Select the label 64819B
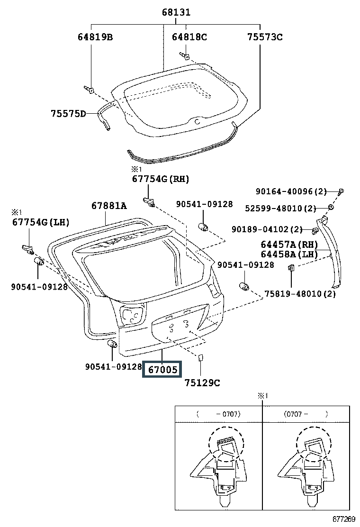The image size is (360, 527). click(95, 37)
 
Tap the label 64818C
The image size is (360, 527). click(189, 37)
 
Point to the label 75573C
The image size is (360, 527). click(265, 37)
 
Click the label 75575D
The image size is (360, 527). click(69, 113)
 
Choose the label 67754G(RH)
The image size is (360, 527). click(160, 179)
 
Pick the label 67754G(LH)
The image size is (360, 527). click(40, 222)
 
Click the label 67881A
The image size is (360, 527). click(109, 206)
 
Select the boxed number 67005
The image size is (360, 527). click(162, 369)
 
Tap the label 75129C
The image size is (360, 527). click(202, 382)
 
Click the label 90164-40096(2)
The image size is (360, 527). click(291, 191)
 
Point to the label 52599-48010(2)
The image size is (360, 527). click(280, 209)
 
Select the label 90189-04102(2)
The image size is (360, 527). click(267, 229)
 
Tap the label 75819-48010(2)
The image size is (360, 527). click(300, 294)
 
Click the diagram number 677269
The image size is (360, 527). click(343, 519)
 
